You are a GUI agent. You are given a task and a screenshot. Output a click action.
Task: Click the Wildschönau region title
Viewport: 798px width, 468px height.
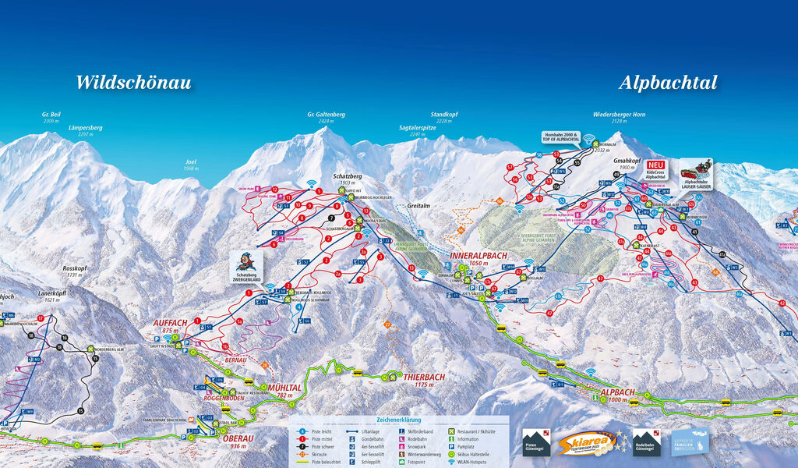pos(133,83)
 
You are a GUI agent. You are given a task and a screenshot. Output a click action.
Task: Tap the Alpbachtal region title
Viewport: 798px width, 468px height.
pos(668,83)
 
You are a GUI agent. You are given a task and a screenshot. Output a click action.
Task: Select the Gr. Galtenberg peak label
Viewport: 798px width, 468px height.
pos(326,118)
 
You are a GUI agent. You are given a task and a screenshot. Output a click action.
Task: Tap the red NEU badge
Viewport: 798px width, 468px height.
pos(655,165)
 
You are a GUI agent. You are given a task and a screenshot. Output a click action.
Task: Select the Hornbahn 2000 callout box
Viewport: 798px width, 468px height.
pos(562,137)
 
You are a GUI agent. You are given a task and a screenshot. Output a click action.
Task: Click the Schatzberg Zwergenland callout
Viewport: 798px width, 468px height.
pos(245,268)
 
